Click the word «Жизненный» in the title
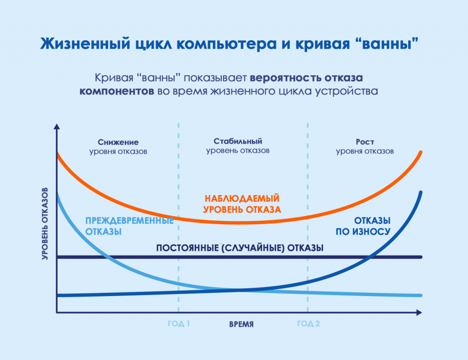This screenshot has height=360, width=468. (85, 43)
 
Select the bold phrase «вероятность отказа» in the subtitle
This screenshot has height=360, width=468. (306, 78)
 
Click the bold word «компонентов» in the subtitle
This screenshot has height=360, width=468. (117, 91)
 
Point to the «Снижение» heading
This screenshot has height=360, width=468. (118, 142)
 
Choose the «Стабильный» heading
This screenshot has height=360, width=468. (238, 141)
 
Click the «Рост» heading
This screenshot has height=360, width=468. (365, 142)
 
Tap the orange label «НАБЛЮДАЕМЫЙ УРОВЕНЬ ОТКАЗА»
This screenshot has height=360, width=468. (242, 204)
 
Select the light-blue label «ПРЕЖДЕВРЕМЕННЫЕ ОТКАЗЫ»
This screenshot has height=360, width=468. (129, 226)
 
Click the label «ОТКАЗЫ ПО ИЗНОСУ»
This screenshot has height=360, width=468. (363, 226)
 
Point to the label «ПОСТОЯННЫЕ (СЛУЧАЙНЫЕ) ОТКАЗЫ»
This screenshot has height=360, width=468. (239, 248)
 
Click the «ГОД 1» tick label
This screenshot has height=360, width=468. (179, 323)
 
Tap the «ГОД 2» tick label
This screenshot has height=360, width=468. (308, 323)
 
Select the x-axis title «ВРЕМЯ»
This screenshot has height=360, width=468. (241, 324)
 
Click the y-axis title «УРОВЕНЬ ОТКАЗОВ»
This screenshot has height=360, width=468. (45, 224)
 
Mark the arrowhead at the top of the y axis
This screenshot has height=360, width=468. (57, 127)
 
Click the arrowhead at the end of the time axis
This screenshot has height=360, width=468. (419, 312)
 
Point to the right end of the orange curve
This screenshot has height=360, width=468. (420, 153)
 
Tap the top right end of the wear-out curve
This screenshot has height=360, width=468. (420, 192)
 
